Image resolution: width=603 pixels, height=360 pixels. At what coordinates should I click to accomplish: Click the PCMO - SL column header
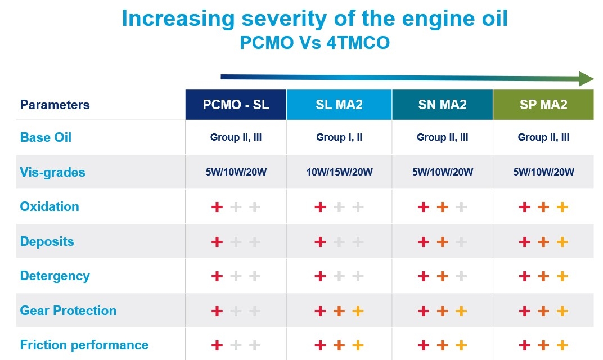(236, 105)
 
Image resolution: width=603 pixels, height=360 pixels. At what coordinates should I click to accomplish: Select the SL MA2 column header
(339, 105)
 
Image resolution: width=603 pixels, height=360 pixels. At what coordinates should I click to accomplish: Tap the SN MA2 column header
(442, 105)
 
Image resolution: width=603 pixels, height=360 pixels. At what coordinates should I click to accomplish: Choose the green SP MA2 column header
(543, 105)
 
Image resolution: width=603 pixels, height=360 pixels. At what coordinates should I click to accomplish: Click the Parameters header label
(55, 105)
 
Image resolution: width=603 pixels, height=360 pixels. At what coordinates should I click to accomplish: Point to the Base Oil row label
(46, 137)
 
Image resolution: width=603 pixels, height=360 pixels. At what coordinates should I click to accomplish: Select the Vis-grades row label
(52, 172)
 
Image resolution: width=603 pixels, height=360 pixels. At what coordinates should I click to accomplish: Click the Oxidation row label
(49, 206)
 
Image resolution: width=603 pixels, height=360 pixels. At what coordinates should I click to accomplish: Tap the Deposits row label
(47, 241)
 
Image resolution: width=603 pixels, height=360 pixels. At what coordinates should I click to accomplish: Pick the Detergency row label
(55, 276)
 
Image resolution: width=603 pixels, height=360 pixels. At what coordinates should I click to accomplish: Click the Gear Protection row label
(68, 310)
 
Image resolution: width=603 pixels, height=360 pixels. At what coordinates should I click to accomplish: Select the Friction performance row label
(84, 345)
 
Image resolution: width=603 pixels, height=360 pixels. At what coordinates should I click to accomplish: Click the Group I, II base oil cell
(339, 137)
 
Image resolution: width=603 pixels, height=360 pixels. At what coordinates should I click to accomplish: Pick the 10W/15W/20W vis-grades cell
(339, 172)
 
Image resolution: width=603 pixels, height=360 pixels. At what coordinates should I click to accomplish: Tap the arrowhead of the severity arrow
(586, 78)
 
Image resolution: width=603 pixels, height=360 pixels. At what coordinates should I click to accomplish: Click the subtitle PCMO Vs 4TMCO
(314, 43)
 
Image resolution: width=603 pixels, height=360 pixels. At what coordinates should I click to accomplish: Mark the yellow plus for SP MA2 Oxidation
(562, 207)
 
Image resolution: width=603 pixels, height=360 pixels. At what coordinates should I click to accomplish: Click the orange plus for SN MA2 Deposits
(442, 242)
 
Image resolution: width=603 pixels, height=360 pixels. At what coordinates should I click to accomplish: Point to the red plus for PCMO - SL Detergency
(217, 276)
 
